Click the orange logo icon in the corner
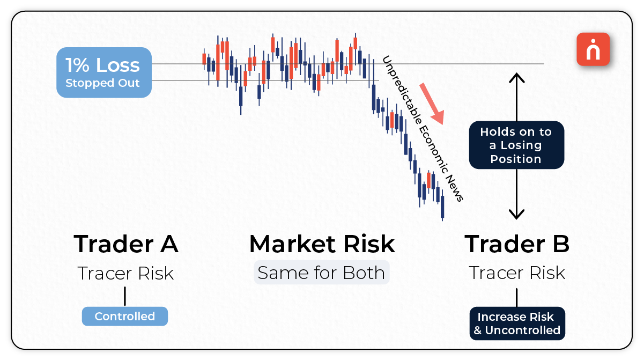click(593, 49)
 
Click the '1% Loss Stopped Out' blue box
click(103, 72)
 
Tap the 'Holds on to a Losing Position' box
click(516, 145)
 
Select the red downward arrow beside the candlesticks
click(432, 103)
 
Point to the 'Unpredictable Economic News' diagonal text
click(423, 129)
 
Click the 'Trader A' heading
click(126, 244)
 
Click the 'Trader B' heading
click(517, 244)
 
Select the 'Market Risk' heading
click(322, 244)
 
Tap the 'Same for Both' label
click(321, 273)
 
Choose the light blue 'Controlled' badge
click(125, 316)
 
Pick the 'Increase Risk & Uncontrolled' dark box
click(517, 324)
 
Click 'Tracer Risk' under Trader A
click(126, 273)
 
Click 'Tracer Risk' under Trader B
click(517, 273)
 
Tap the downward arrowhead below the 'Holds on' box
click(516, 215)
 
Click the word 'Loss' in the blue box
click(117, 65)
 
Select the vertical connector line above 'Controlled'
click(125, 296)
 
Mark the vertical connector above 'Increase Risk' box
click(517, 297)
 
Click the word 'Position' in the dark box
click(516, 159)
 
